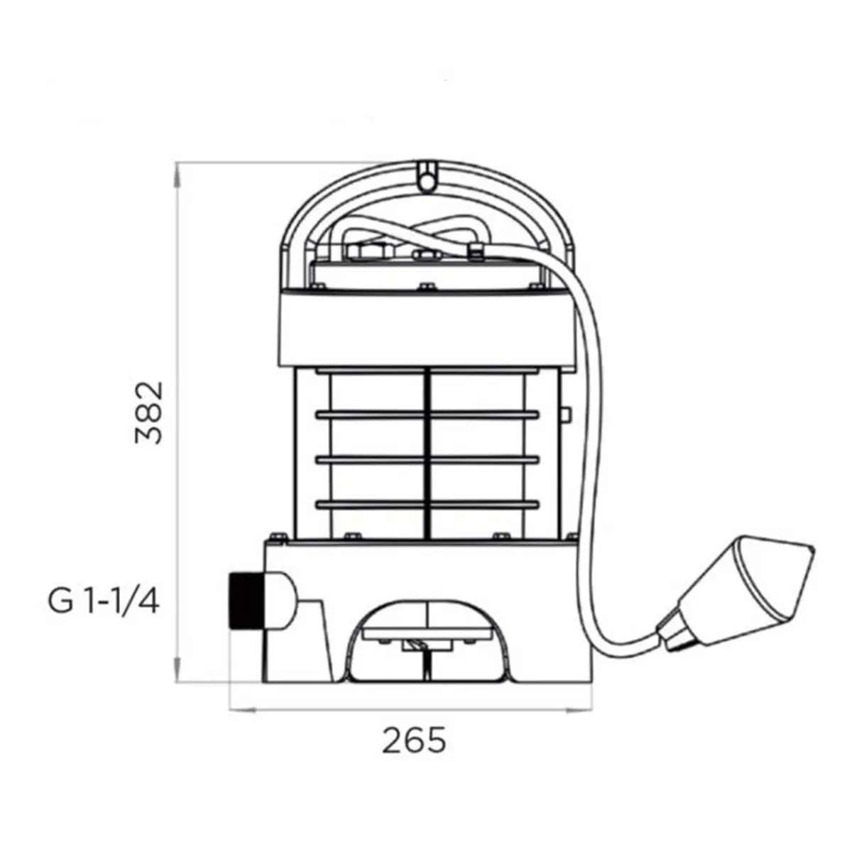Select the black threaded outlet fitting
pyautogui.click(x=244, y=600)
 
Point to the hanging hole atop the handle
pyautogui.click(x=426, y=181)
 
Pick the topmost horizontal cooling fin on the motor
pyautogui.click(x=427, y=370)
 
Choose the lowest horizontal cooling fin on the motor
pyautogui.click(x=427, y=505)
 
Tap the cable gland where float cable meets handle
pyautogui.click(x=475, y=249)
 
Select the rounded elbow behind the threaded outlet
pyautogui.click(x=284, y=600)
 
